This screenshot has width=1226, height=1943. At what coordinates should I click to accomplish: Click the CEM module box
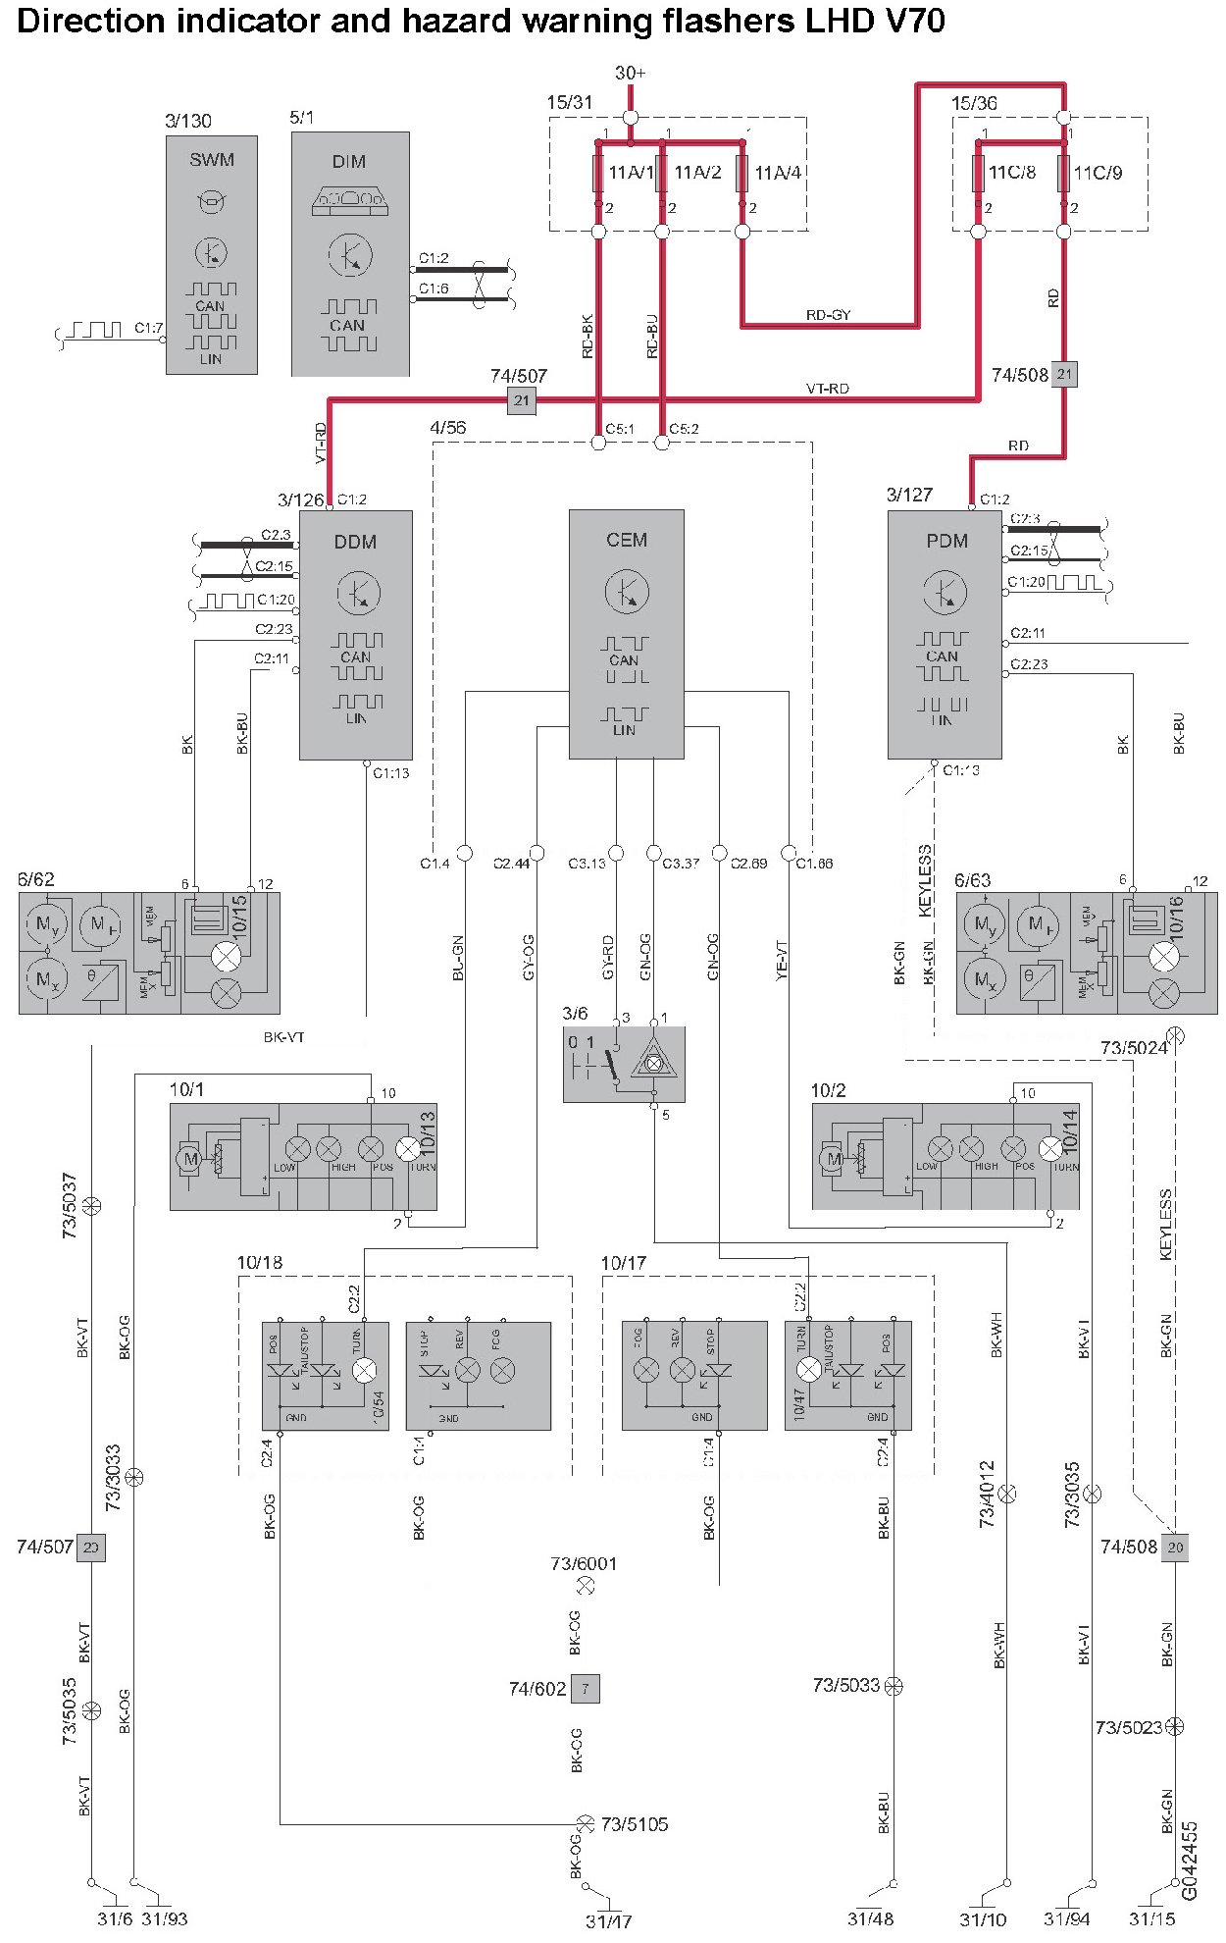[x=626, y=633]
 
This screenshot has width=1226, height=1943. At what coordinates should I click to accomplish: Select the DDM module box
[x=355, y=633]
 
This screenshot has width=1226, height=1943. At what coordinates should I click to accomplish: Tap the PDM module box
[x=944, y=633]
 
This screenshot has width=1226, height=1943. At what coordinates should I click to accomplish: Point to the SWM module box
[x=212, y=255]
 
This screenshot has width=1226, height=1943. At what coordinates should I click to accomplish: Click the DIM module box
[x=349, y=255]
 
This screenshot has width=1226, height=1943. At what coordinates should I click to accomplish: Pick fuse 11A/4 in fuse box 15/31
[x=742, y=173]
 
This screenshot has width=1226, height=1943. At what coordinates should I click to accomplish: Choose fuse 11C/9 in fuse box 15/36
[x=1064, y=173]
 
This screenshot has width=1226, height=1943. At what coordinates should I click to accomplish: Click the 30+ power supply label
[x=631, y=74]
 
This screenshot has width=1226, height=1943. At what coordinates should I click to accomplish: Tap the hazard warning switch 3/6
[x=624, y=1064]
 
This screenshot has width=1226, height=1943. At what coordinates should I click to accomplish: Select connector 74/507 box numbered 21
[x=522, y=400]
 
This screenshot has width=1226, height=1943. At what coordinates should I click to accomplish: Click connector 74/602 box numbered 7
[x=585, y=1688]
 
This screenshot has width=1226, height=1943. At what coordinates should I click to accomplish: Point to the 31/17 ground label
[x=608, y=1921]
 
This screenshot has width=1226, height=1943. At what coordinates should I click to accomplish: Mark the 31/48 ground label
[x=870, y=1918]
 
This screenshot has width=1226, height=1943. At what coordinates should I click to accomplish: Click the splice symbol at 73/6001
[x=586, y=1585]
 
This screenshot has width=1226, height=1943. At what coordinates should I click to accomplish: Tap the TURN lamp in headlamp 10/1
[x=407, y=1149]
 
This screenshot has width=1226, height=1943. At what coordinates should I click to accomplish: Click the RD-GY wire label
[x=828, y=315]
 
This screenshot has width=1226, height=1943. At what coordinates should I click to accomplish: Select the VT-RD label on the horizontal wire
[x=827, y=389]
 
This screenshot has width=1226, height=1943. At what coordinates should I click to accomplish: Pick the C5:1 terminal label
[x=620, y=429]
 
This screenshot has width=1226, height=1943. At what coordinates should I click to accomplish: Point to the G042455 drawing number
[x=1190, y=1861]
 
